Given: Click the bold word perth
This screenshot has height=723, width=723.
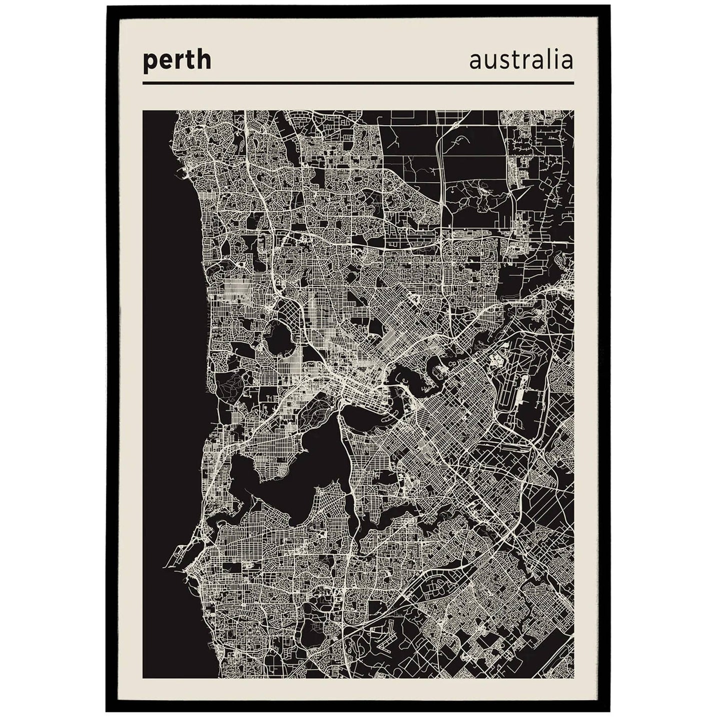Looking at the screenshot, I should point(177,61).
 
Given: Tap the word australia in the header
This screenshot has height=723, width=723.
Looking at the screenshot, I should point(521,61).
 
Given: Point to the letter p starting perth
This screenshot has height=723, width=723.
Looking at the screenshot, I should point(149,62).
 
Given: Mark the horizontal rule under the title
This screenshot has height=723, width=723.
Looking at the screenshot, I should point(358,83).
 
